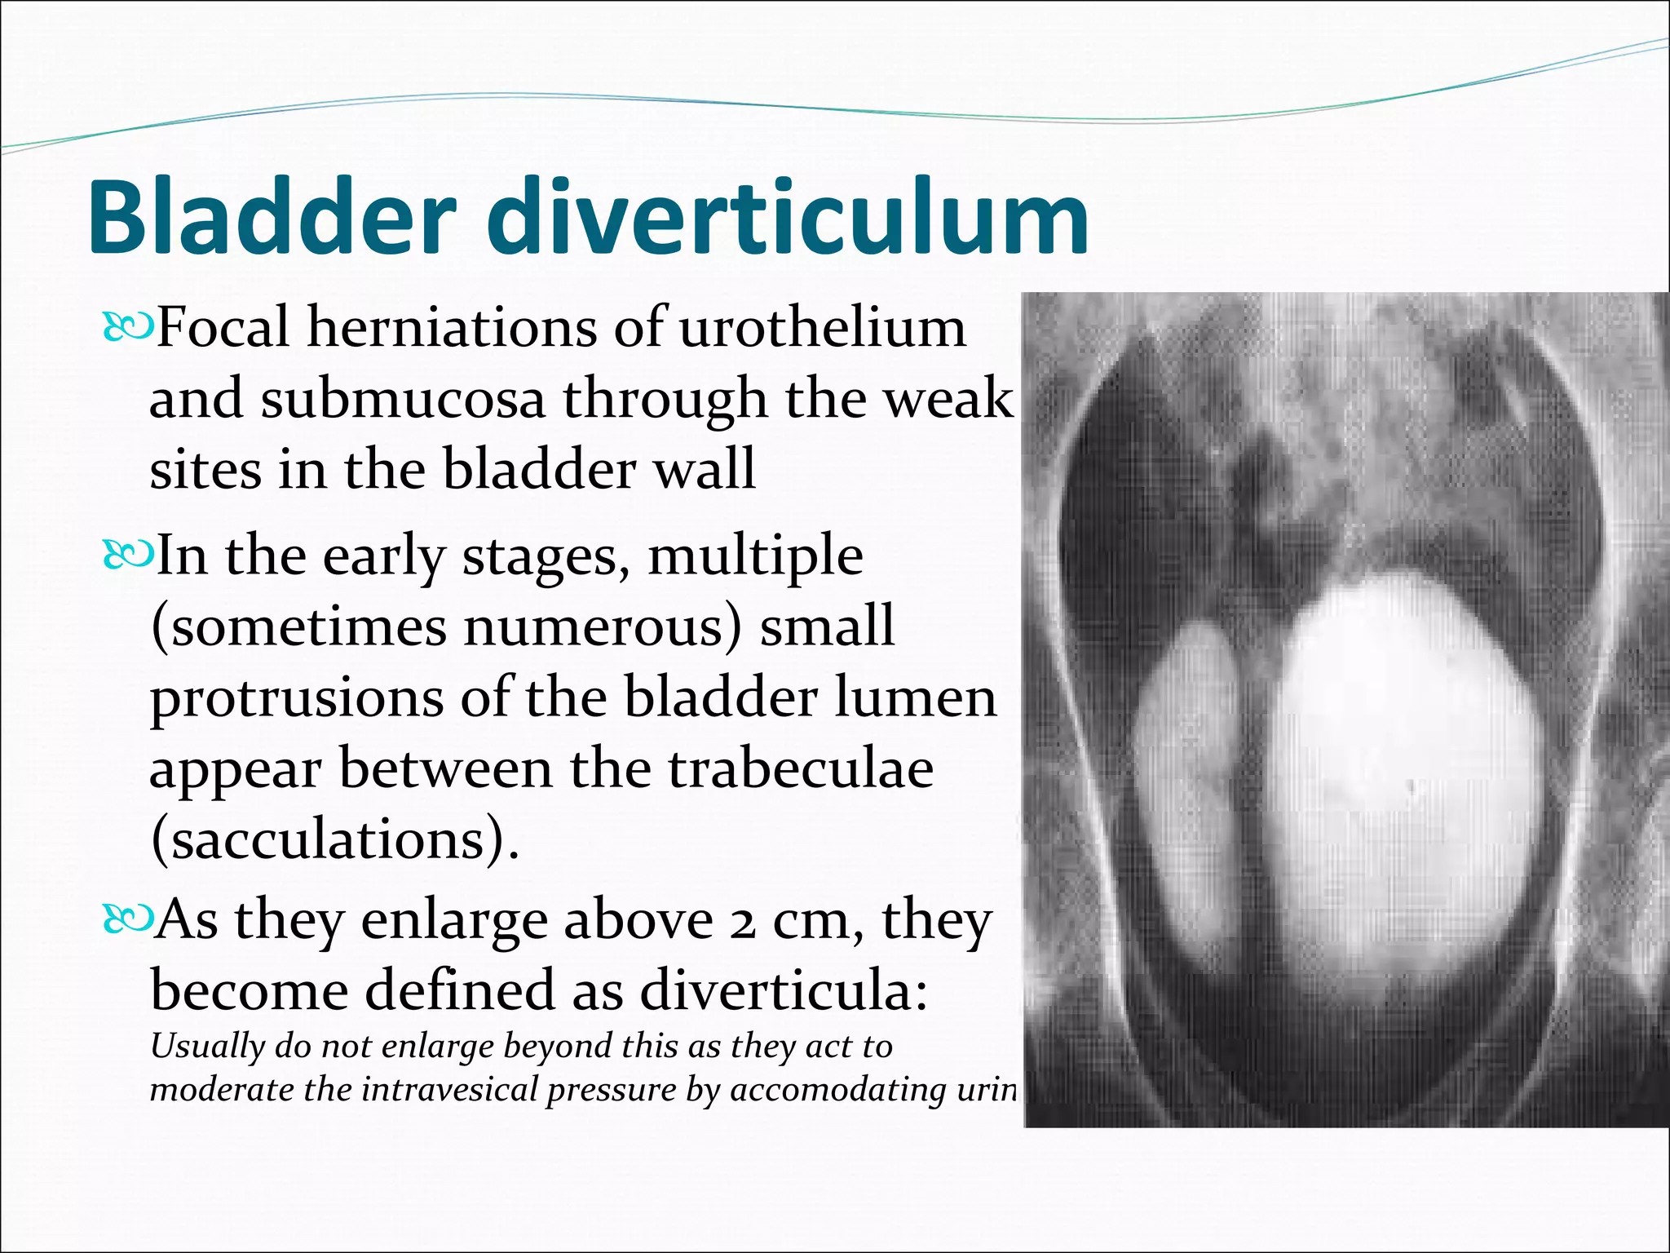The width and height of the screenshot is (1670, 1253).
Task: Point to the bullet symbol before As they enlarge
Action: [127, 920]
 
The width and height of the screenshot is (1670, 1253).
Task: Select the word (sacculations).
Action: [334, 841]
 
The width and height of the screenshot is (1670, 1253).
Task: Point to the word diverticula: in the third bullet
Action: [783, 991]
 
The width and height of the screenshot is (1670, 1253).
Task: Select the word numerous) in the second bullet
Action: [603, 627]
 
